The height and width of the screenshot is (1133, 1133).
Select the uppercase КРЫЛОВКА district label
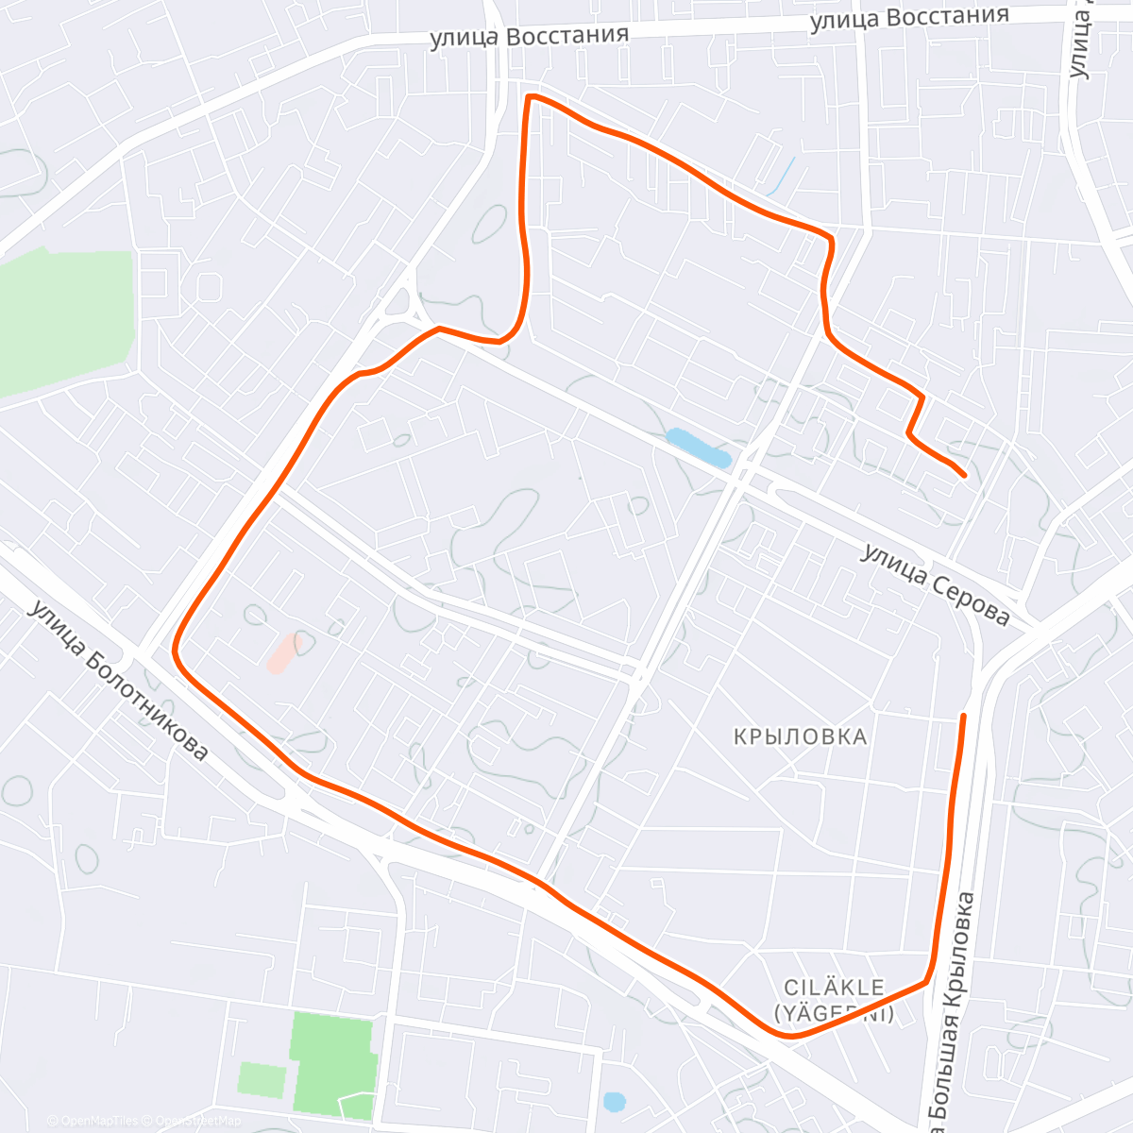(800, 736)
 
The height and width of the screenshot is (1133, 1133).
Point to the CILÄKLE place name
(835, 988)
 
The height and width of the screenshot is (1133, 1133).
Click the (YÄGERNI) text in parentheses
(835, 1014)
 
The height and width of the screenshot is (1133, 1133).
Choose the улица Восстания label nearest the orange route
(529, 36)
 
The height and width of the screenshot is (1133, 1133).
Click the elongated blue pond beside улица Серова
(699, 448)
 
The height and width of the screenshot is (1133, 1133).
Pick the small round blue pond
(615, 1101)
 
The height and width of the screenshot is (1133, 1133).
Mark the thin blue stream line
(782, 177)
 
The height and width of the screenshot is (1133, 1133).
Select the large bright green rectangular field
(334, 1064)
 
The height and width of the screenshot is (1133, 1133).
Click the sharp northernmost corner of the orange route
(529, 96)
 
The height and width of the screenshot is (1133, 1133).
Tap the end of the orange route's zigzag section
(963, 476)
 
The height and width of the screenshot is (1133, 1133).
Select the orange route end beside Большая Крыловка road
(964, 716)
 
